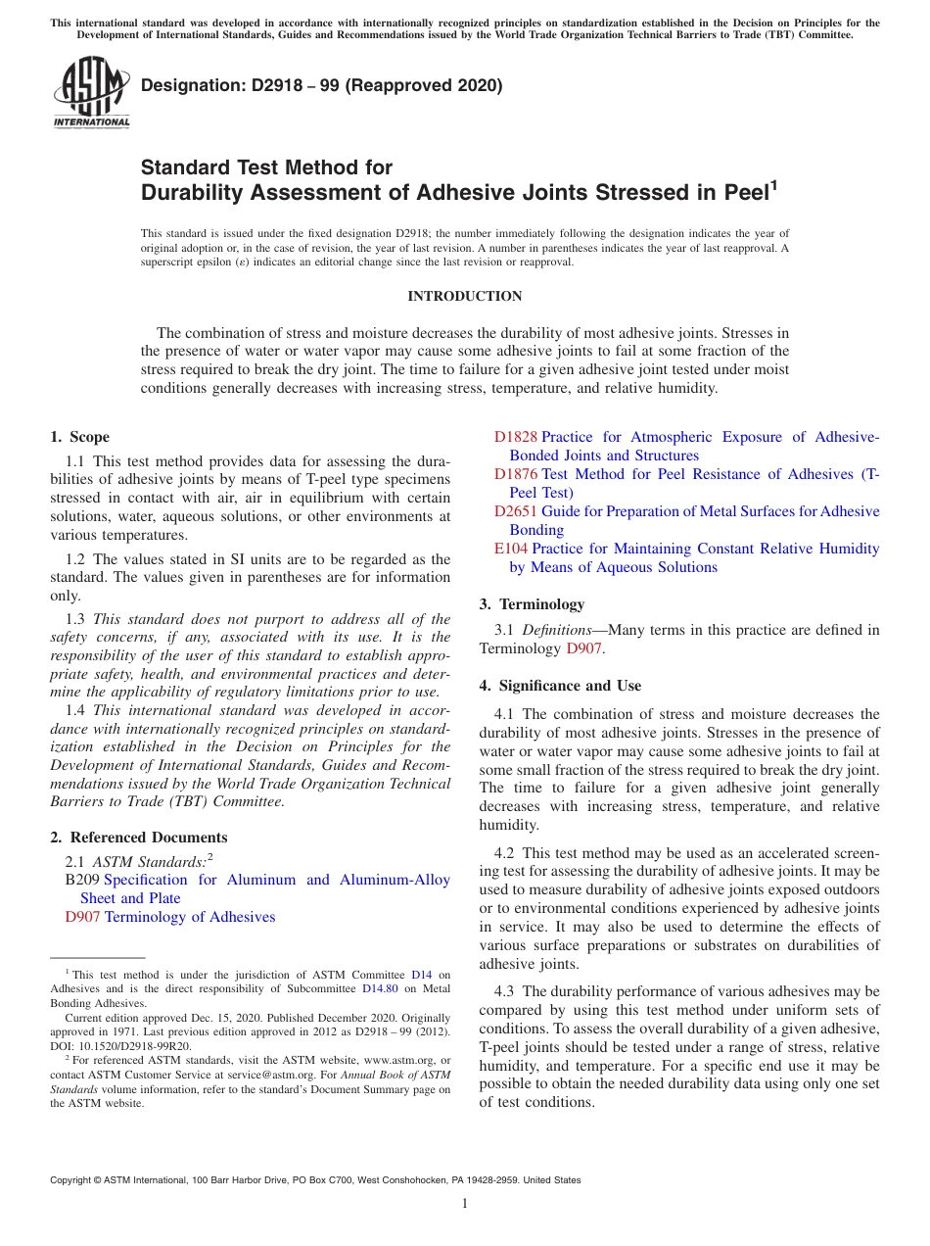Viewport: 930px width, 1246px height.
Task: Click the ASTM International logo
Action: [x=91, y=92]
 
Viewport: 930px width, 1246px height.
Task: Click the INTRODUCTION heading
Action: [x=464, y=296]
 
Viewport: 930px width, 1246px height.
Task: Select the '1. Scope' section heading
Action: [x=80, y=437]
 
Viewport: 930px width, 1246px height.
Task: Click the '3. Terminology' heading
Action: [x=532, y=604]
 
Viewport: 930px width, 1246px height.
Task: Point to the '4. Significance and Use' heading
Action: [x=560, y=686]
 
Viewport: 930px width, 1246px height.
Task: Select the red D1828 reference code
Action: [x=515, y=437]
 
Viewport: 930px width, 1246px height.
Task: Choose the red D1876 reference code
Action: [x=515, y=474]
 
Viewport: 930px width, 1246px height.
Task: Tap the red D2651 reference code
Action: [x=515, y=511]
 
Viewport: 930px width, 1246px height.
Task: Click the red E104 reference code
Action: [x=511, y=549]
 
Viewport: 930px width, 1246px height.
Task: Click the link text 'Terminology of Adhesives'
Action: [x=190, y=917]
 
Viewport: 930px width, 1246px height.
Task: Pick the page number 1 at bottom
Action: [x=465, y=1203]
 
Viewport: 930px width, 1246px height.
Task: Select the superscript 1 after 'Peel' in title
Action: [x=773, y=183]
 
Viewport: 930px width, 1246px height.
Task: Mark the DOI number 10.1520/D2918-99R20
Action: [x=135, y=1046]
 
